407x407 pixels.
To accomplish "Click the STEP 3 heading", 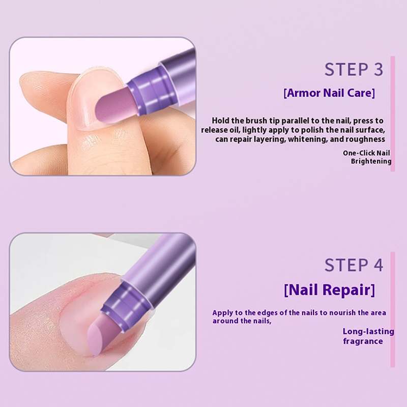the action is [354, 70].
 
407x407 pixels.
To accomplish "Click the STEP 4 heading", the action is [354, 265].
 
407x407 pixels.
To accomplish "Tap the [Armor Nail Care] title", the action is [329, 93].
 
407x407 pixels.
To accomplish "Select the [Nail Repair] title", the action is [329, 289].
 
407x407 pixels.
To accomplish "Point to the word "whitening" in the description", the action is [308, 139].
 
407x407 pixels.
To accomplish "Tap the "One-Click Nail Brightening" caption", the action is [367, 157].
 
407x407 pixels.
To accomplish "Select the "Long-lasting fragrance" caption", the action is [368, 336].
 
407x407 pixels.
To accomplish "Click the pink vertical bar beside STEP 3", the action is [393, 113].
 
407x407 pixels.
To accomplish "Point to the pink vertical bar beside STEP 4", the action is [393, 309].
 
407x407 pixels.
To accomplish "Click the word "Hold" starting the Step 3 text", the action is [220, 121].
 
